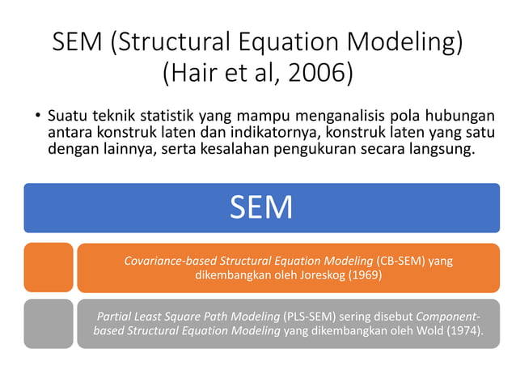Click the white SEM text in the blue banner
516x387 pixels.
click(260, 208)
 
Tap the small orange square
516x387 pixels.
click(49, 267)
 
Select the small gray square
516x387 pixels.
click(49, 324)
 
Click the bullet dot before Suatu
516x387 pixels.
click(37, 115)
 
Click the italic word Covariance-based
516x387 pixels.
click(170, 261)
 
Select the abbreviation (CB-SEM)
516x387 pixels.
click(400, 261)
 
